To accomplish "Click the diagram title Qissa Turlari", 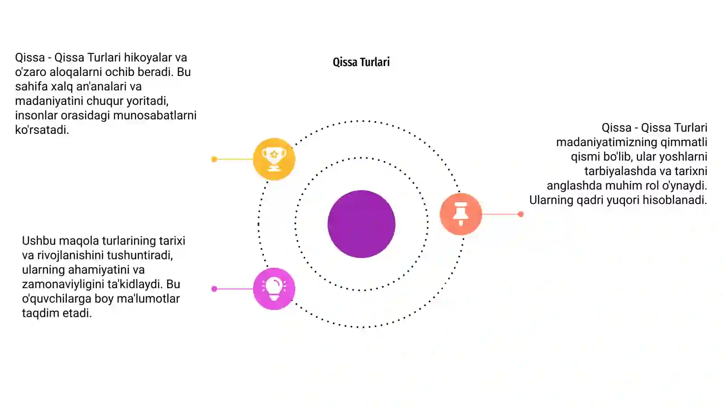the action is (361, 62).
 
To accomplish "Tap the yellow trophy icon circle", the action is (274, 159).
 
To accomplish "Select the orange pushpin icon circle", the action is (460, 214).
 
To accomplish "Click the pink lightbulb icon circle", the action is (274, 289).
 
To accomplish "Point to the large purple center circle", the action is (361, 224).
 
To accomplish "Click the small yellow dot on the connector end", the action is (214, 159).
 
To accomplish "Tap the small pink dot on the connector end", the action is (214, 289).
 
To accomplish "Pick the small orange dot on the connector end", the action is (521, 214).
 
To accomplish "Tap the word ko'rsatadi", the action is (42, 130).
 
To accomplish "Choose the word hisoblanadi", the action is (675, 200).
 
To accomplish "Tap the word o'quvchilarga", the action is (57, 299).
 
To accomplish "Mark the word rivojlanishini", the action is (70, 255).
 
